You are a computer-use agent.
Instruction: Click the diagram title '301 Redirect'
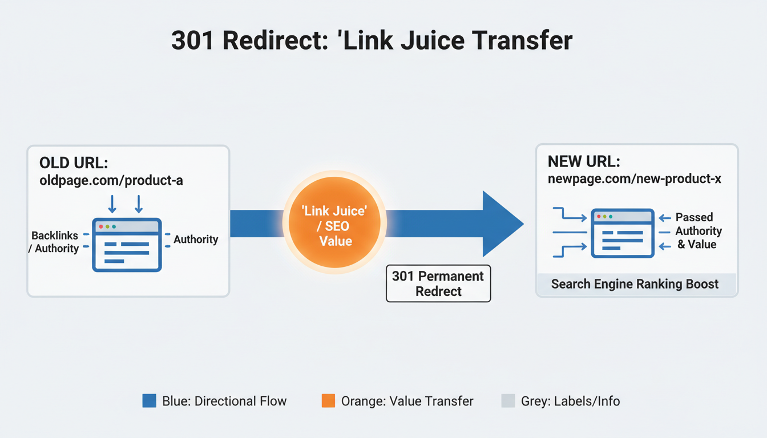click(372, 41)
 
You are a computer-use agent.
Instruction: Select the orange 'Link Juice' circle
click(335, 226)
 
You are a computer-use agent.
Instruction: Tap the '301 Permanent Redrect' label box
click(438, 283)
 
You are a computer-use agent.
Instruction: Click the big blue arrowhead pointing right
click(501, 224)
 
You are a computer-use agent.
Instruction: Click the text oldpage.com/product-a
click(111, 181)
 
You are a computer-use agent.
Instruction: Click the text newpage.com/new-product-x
click(635, 179)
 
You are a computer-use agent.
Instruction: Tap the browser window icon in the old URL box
click(127, 245)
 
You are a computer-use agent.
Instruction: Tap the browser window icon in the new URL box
click(622, 233)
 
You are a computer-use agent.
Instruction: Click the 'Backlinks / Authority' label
click(55, 242)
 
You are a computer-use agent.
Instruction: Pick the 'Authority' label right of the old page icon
click(196, 240)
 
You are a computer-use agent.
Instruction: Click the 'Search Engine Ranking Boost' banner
click(635, 284)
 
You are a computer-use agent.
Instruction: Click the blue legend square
click(149, 401)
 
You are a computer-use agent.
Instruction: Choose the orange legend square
click(328, 401)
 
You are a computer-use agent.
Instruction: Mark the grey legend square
click(508, 401)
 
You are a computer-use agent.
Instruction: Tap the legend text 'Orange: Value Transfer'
click(407, 401)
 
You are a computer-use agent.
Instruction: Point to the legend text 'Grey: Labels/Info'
click(570, 401)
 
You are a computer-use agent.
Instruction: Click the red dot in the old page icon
click(101, 226)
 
